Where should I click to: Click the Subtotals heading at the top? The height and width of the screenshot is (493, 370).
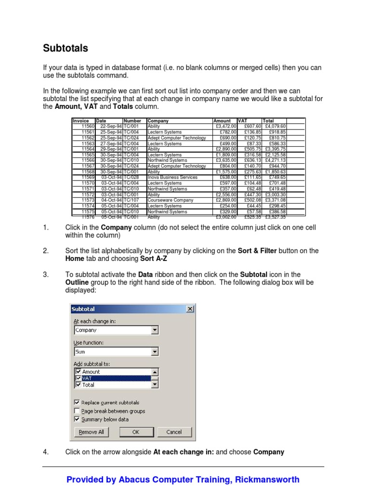coord(66,48)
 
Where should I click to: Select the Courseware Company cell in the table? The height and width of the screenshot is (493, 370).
coord(170,200)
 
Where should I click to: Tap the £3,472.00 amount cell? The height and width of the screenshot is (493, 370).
coord(225,126)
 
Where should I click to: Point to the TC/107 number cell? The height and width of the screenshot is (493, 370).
coord(132,200)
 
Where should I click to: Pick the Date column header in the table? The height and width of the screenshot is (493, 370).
coord(101,121)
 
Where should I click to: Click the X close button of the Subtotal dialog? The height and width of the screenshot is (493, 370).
coord(190,309)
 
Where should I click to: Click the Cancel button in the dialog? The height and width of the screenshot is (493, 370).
coord(174,432)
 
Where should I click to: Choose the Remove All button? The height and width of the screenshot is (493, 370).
coord(91,432)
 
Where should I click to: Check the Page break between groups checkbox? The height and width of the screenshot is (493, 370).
coord(77,411)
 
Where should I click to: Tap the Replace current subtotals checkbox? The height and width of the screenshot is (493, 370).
coord(77,402)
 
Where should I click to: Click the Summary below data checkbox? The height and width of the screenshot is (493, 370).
coord(77,419)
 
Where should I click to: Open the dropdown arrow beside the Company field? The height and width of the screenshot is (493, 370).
coord(155,330)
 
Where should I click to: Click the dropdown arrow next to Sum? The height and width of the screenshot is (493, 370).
coord(155,352)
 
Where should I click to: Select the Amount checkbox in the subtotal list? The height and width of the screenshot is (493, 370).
coord(78,372)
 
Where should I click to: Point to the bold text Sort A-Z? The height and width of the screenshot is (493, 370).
coord(154,259)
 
